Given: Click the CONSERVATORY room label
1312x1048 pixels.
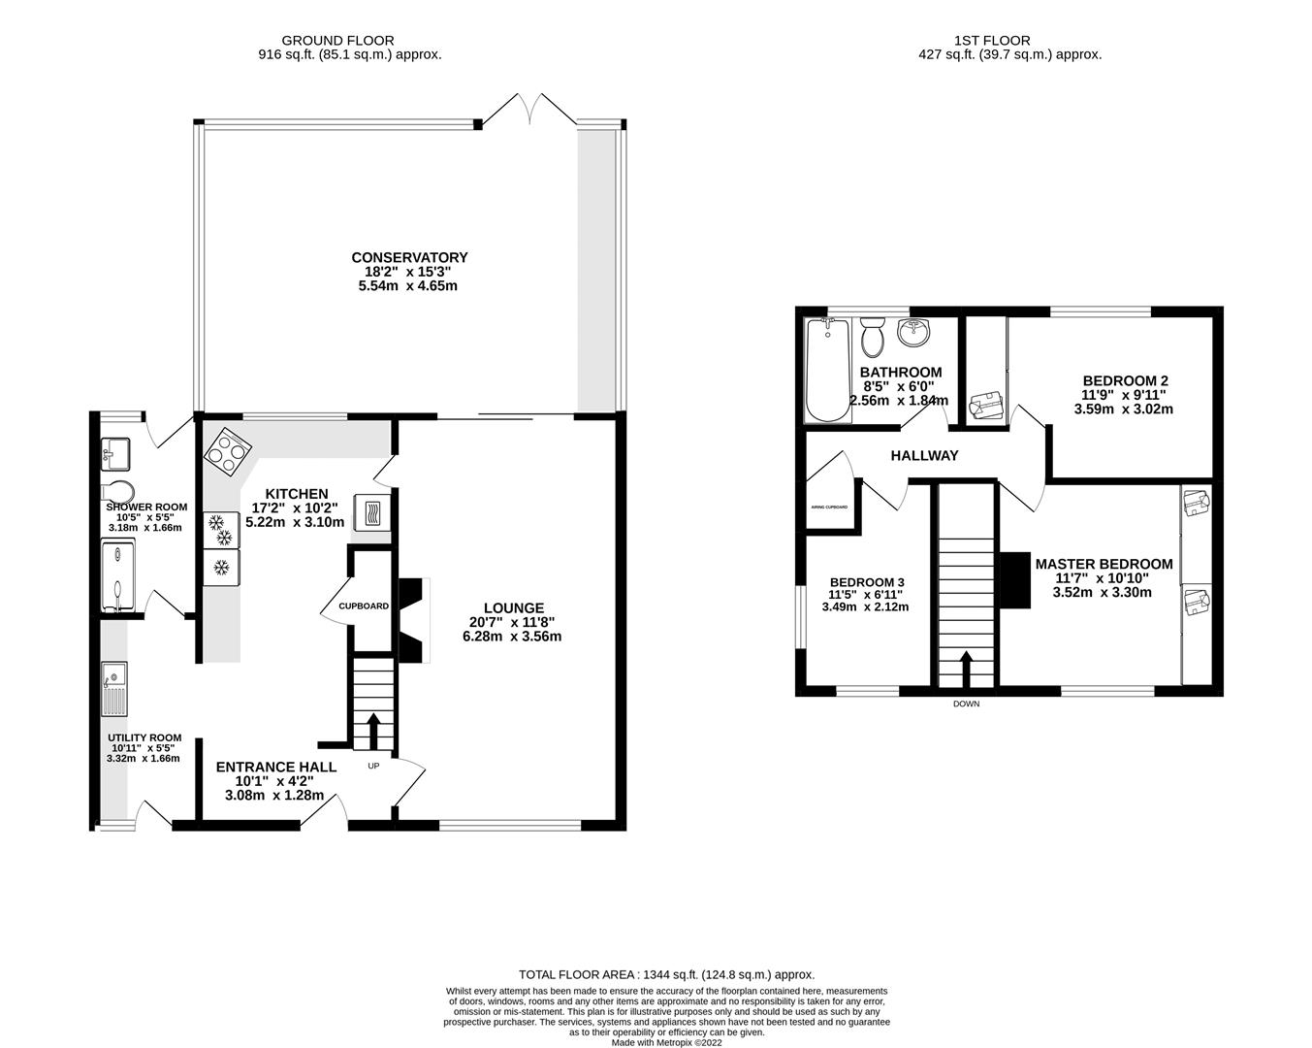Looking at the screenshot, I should point(409,257).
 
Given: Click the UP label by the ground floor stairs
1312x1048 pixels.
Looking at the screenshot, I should point(374,766).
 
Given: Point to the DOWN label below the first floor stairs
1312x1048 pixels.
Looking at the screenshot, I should point(966,704).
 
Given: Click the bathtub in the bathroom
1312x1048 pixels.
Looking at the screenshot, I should point(827,372).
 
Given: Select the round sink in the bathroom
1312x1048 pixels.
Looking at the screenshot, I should point(913,333).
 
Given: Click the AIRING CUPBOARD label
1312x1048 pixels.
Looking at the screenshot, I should point(829,508).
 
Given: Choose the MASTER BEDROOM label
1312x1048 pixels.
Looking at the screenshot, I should point(1104,564).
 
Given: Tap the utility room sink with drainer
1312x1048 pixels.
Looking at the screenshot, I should point(114,687).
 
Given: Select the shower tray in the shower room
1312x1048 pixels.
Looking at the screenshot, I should point(118,577).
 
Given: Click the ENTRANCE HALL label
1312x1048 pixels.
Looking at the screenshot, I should point(276,767).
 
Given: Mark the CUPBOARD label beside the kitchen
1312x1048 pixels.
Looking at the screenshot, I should point(364,606).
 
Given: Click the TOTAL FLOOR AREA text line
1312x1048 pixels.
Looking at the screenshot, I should point(666,974).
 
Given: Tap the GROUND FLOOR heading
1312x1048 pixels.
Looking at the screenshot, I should point(337,41).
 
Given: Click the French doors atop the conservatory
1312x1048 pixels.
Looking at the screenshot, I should point(529,109).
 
